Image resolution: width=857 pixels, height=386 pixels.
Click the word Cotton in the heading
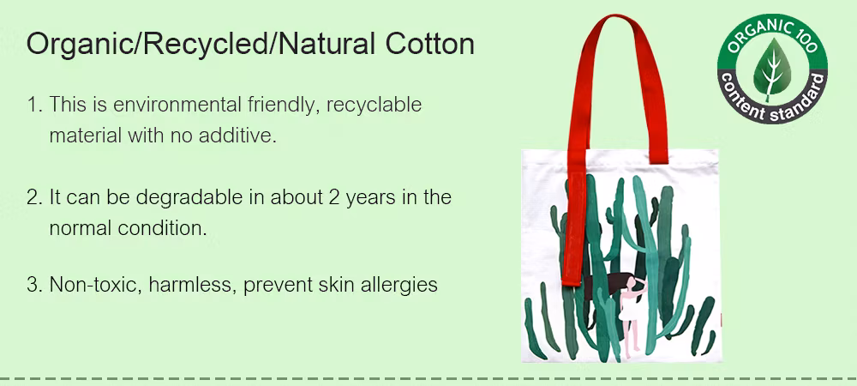click(429, 44)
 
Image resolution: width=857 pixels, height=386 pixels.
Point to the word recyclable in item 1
click(374, 105)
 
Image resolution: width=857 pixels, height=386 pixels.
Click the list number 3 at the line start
click(33, 284)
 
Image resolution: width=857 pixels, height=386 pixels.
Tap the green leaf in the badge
click(772, 67)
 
